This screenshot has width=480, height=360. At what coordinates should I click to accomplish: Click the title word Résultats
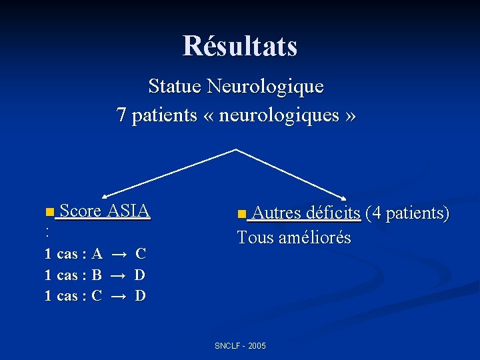tap(240, 46)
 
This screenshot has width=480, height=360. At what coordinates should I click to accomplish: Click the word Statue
tap(175, 86)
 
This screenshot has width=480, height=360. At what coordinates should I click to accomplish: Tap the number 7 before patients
tap(121, 115)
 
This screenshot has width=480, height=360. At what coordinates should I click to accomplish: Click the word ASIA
tap(128, 211)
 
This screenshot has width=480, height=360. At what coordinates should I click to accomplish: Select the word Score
tap(81, 211)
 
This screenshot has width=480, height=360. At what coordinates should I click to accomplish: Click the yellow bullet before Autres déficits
tap(241, 215)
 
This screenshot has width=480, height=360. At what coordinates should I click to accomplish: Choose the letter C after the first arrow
tap(141, 253)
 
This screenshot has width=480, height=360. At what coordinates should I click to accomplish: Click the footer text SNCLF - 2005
tap(240, 346)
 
